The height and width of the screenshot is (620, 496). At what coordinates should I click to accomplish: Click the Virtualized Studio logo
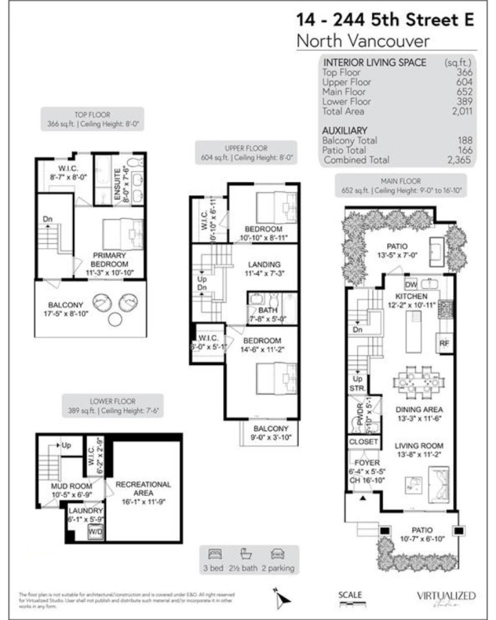446,597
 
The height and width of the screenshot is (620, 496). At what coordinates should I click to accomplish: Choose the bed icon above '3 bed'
214,554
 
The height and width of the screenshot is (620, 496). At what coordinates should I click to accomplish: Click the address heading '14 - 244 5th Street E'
384,20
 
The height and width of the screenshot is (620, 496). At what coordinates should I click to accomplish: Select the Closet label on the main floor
363,441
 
